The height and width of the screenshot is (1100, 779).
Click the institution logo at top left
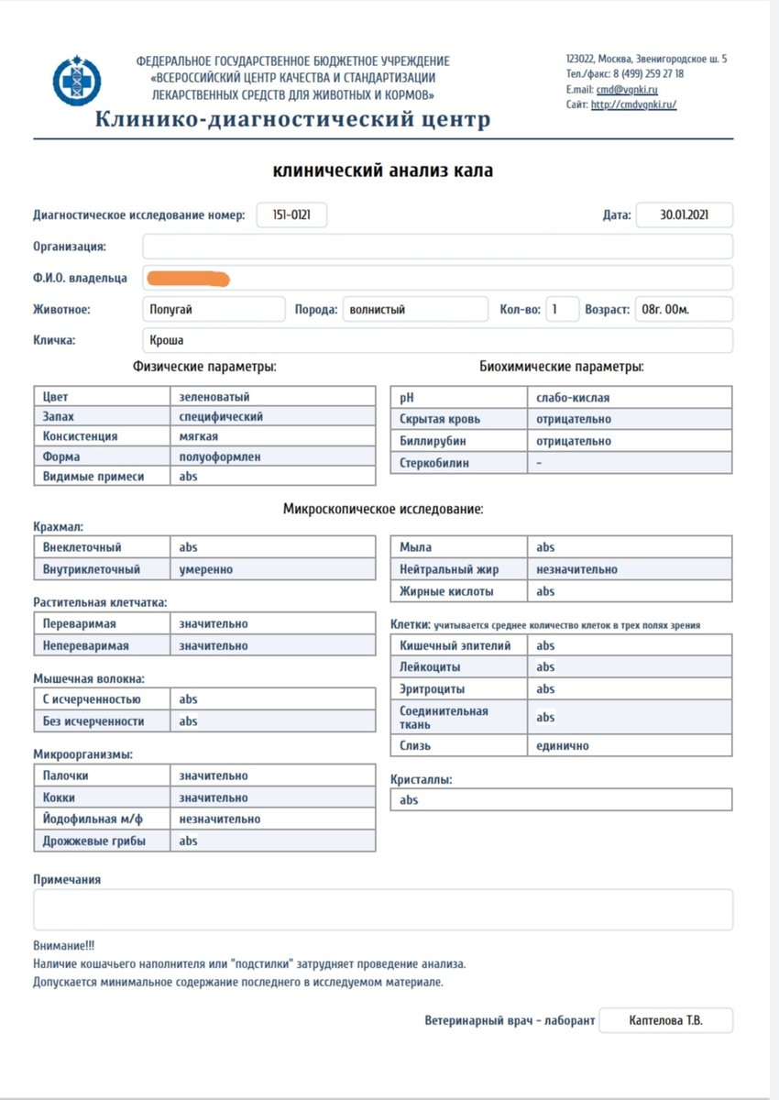(76, 82)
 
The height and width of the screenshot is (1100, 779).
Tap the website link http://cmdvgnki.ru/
(633, 105)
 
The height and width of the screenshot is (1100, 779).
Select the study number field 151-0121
(291, 215)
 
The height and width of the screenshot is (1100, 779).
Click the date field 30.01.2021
(684, 215)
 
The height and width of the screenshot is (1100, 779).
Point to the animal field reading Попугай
(214, 310)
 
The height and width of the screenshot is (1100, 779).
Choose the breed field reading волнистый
(414, 310)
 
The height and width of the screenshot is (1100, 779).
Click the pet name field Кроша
(438, 340)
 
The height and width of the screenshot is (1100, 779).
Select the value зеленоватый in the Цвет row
(214, 397)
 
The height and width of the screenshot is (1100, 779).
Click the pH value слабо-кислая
(574, 398)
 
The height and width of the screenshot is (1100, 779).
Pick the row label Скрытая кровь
(440, 419)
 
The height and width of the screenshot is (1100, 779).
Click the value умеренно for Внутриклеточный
(206, 569)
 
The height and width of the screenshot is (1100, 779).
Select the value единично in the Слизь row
(563, 746)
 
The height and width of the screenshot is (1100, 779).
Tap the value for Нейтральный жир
(577, 569)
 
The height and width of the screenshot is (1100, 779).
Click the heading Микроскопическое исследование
(383, 509)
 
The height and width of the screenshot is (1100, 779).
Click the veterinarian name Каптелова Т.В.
(666, 1020)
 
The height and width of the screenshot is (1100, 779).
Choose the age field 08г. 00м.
(683, 310)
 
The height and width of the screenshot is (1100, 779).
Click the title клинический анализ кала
(383, 170)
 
